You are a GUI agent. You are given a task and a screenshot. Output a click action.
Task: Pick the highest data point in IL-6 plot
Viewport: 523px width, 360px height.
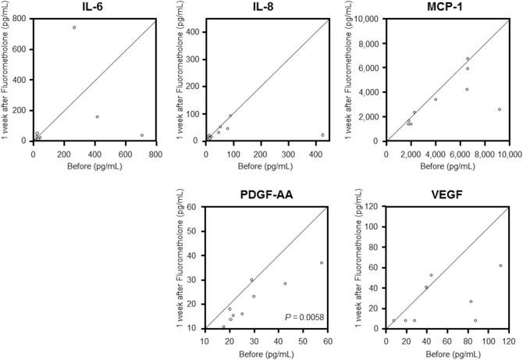click(x=74, y=27)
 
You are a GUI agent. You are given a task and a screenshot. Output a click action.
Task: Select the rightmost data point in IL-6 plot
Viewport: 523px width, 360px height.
click(x=142, y=135)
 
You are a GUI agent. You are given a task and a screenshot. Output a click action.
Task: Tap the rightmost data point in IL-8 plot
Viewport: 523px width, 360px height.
click(x=322, y=135)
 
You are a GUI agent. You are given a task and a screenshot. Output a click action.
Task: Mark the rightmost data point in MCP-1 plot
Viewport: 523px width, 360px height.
click(x=500, y=109)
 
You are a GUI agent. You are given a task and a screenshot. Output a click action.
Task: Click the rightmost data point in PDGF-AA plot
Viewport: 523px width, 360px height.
click(x=322, y=262)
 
